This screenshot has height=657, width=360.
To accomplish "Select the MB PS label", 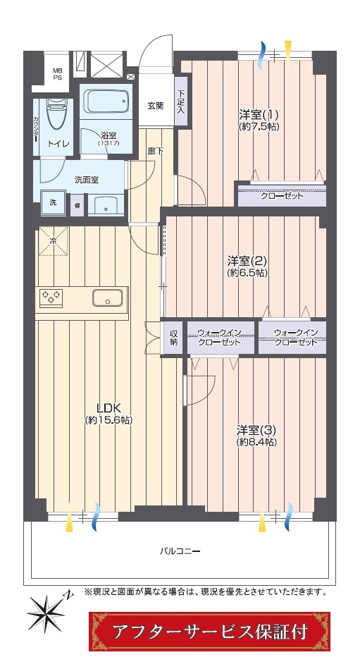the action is [x=57, y=74].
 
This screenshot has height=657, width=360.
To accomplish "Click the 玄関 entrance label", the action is [x=155, y=106].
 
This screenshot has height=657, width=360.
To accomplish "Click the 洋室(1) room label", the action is [x=259, y=114].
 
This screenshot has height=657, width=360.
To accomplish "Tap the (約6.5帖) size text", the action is [x=247, y=273].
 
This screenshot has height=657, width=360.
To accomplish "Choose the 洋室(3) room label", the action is [x=256, y=430].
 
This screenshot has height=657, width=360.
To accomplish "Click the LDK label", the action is [x=108, y=407].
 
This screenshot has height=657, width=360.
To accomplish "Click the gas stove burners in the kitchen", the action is [x=51, y=297].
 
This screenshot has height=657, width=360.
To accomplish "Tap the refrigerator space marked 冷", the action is [x=53, y=240].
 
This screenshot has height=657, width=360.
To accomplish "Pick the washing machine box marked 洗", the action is [x=53, y=203].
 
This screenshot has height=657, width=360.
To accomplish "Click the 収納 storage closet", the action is [x=173, y=338].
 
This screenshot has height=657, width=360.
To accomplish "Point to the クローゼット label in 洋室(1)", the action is [x=281, y=196].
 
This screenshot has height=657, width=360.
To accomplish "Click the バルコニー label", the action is [x=180, y=551].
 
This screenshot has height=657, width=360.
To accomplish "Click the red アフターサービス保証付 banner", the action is [x=210, y=632].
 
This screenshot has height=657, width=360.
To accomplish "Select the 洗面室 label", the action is [x=86, y=180].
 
